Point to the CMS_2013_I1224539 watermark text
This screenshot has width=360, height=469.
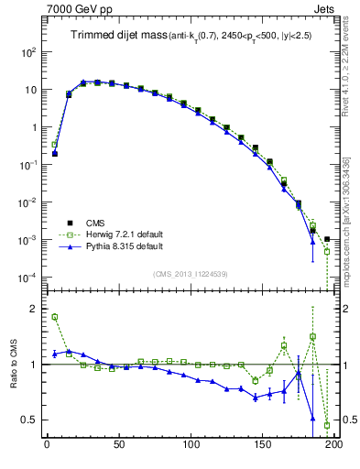(191, 272)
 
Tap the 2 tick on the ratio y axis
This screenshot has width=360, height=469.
(34, 309)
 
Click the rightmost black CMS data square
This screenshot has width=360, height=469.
(327, 239)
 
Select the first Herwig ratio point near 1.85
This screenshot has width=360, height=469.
(55, 317)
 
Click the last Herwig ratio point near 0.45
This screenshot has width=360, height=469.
(327, 425)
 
